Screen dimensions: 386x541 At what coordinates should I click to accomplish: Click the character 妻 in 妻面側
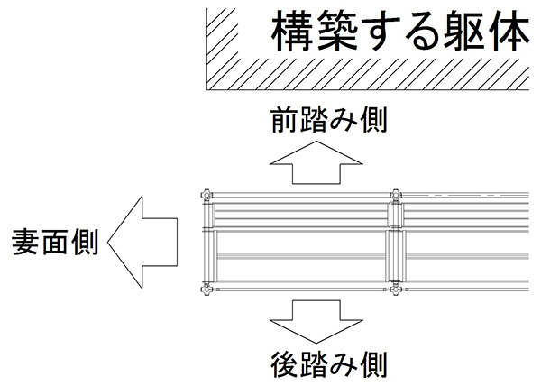coord(26,242)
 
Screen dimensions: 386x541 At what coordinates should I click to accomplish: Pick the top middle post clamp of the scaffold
coord(395,194)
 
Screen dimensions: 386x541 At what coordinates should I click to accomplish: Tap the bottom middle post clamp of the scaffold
coord(395,289)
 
